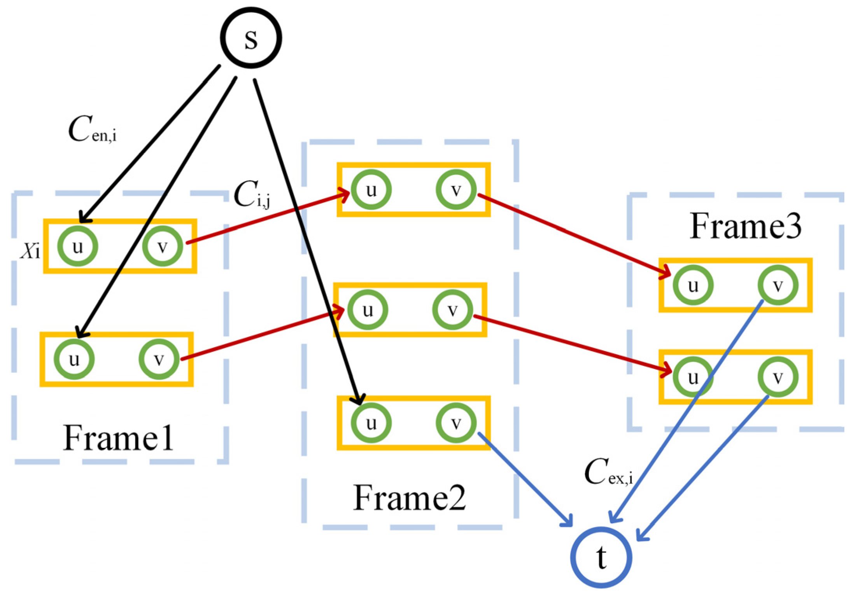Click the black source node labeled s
[x=251, y=38]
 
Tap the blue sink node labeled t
[x=601, y=557]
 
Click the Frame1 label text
[x=118, y=439]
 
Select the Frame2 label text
[x=409, y=498]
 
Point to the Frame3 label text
[x=745, y=226]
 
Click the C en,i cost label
[x=92, y=129]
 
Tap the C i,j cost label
[x=251, y=194]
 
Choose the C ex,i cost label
[x=608, y=472]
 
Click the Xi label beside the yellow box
[x=30, y=251]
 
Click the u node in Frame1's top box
[x=77, y=246]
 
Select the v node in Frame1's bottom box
[x=159, y=359]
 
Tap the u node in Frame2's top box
[x=371, y=190]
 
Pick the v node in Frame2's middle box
[x=452, y=310]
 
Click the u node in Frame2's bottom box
[x=371, y=423]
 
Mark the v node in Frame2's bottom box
[x=456, y=423]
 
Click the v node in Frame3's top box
[x=778, y=285]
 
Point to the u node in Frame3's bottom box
[x=693, y=377]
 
